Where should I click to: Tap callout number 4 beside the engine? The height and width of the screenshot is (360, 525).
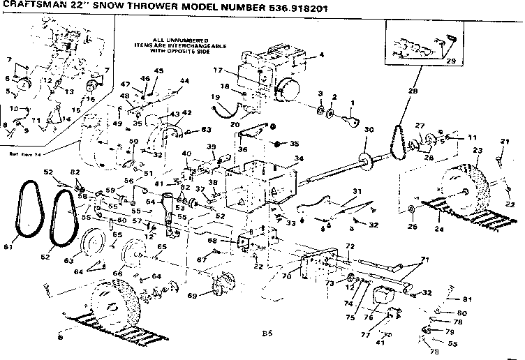(322, 54)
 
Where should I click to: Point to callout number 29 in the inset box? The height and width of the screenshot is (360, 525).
(451, 61)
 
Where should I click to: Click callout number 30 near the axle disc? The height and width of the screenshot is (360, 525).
(369, 130)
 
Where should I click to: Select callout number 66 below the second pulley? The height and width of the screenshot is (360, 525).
(117, 273)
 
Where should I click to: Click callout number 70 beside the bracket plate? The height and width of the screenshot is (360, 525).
(286, 276)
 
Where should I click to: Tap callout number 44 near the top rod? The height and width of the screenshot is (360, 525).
(184, 81)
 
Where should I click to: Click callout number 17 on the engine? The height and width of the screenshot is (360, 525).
(218, 70)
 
